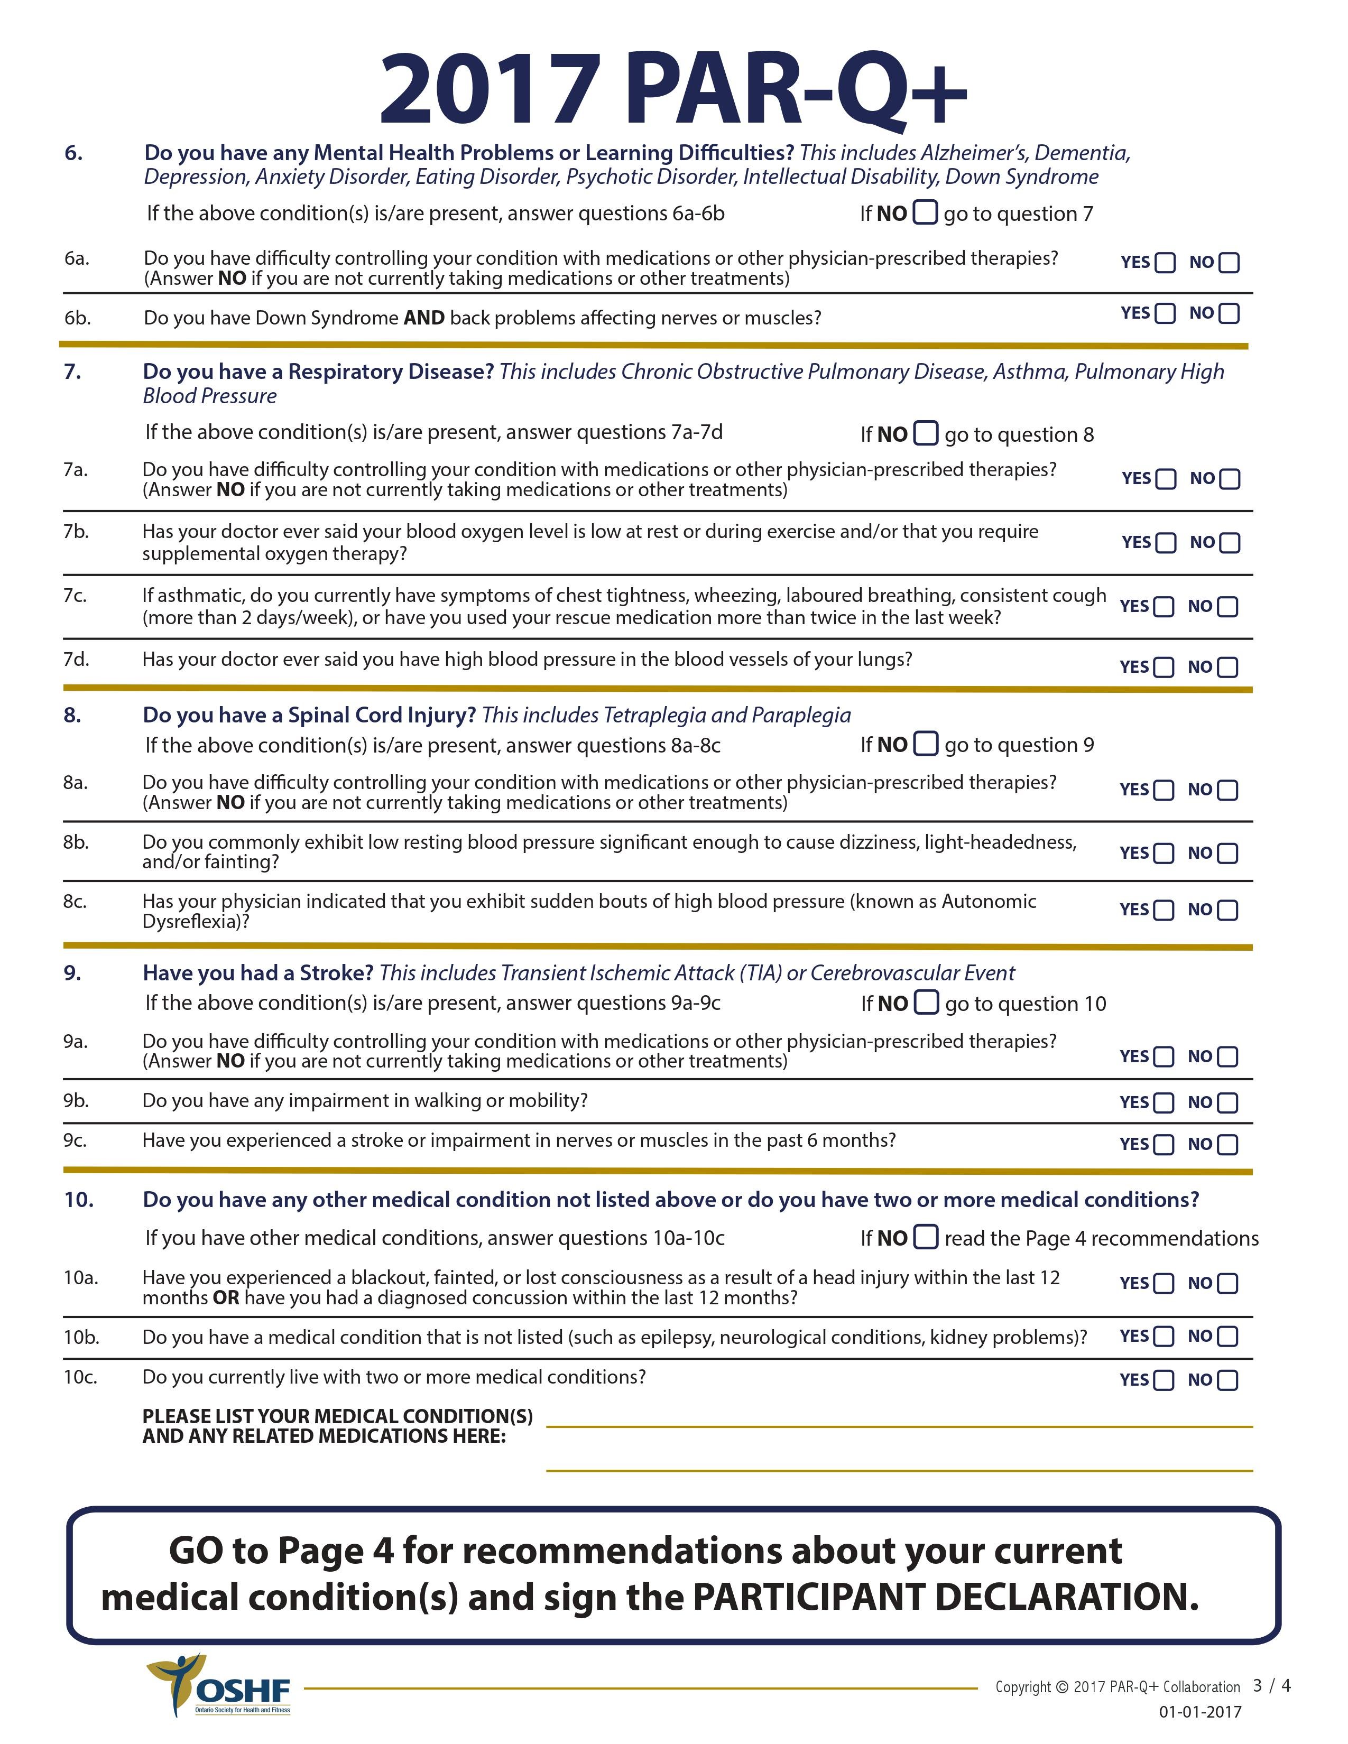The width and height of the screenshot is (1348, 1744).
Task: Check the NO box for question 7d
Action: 1227,667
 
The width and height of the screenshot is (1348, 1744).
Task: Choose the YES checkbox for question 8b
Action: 1164,854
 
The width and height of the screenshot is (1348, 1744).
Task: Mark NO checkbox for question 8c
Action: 1227,911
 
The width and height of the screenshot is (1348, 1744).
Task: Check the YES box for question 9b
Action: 1164,1103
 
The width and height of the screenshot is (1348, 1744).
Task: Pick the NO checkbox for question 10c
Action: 1227,1380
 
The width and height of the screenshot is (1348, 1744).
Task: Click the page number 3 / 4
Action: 1271,1686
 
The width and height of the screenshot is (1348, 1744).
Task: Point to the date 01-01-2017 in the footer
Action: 1201,1711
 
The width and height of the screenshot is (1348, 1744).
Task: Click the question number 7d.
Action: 76,660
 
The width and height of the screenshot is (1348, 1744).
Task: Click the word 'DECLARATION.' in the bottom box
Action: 1066,1597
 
